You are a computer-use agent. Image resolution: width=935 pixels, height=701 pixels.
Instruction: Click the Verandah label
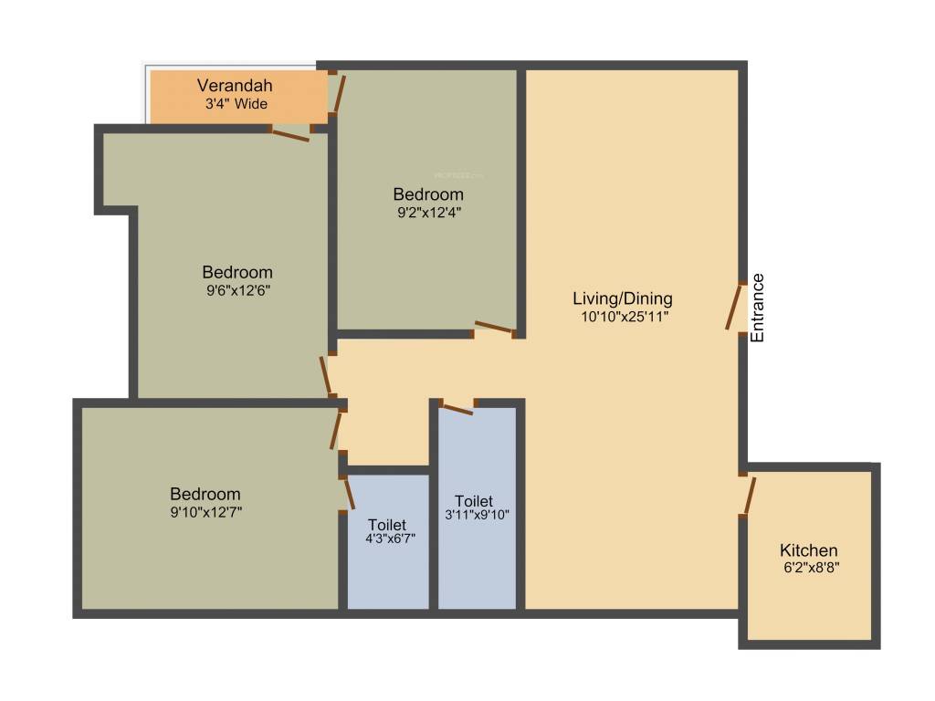pos(235,86)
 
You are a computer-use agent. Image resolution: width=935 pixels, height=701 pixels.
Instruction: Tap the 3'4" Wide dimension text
pos(236,104)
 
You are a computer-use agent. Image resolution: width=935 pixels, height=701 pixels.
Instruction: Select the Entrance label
pos(757,308)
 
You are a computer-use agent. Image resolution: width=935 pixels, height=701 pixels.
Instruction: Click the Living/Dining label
pos(622,298)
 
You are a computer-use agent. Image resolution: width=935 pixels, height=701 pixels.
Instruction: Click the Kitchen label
pos(808,550)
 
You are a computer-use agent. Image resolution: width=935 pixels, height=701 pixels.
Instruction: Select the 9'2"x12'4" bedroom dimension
pos(428,212)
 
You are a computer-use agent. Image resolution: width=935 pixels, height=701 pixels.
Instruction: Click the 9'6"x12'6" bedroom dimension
pos(237,290)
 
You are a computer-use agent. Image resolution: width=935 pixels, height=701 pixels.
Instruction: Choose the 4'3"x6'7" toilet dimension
pos(387,539)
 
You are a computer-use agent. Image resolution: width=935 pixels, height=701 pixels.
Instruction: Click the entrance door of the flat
pos(734,308)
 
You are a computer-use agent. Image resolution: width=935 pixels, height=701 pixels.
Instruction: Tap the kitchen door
pos(749,495)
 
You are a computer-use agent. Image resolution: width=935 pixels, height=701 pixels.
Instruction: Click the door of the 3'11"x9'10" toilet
pos(457,408)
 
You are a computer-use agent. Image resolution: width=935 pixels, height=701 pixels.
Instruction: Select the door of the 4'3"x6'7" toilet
pos(349,493)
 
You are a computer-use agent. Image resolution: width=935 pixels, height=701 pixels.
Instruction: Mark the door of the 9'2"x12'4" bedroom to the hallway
pos(494,327)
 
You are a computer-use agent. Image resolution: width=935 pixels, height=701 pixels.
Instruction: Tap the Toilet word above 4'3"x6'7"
pos(387,525)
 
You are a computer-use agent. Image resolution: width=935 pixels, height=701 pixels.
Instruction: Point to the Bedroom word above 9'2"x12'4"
pos(428,194)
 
